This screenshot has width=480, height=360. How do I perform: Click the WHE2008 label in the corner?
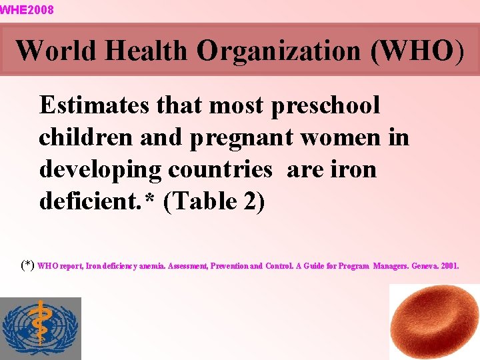[x=27, y=10]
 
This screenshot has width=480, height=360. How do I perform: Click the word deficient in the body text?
[x=86, y=201]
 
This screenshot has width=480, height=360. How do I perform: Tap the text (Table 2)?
[x=214, y=201]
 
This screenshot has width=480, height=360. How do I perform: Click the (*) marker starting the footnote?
[x=27, y=265]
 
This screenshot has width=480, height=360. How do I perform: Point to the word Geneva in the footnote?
[x=423, y=266]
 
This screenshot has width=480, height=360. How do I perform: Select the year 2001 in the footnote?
[x=450, y=266]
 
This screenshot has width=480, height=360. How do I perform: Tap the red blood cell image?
[x=433, y=323]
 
